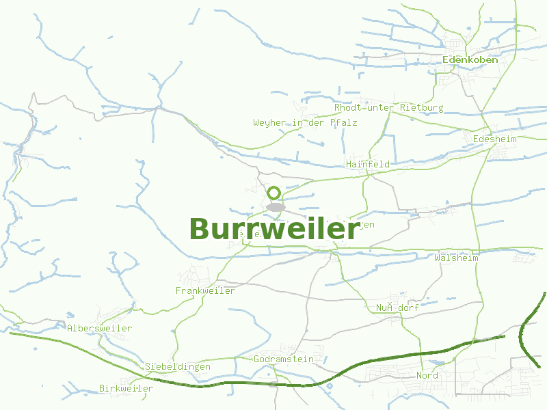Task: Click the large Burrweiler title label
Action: pyautogui.click(x=274, y=230)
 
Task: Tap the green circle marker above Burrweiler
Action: pyautogui.click(x=274, y=193)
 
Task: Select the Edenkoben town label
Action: pyautogui.click(x=470, y=59)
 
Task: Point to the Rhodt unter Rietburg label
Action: pyautogui.click(x=388, y=108)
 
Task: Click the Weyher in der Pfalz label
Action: pyautogui.click(x=305, y=122)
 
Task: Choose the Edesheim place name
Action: pyautogui.click(x=495, y=139)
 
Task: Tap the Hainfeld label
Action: pyautogui.click(x=368, y=164)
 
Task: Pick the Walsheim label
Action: pyautogui.click(x=456, y=258)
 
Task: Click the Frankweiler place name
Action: pyautogui.click(x=205, y=290)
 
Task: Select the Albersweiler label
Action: pyautogui.click(x=99, y=328)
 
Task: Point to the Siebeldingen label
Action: pyautogui.click(x=177, y=366)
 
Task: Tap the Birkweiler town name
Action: pyautogui.click(x=126, y=388)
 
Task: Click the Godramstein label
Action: pyautogui.click(x=283, y=359)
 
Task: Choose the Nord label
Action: pyautogui.click(x=427, y=375)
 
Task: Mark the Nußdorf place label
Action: pyautogui.click(x=397, y=307)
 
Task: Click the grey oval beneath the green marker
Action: pyautogui.click(x=275, y=207)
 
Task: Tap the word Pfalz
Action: pyautogui.click(x=343, y=122)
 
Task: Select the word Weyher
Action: pyautogui.click(x=269, y=122)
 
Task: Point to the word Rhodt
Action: pyautogui.click(x=347, y=108)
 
